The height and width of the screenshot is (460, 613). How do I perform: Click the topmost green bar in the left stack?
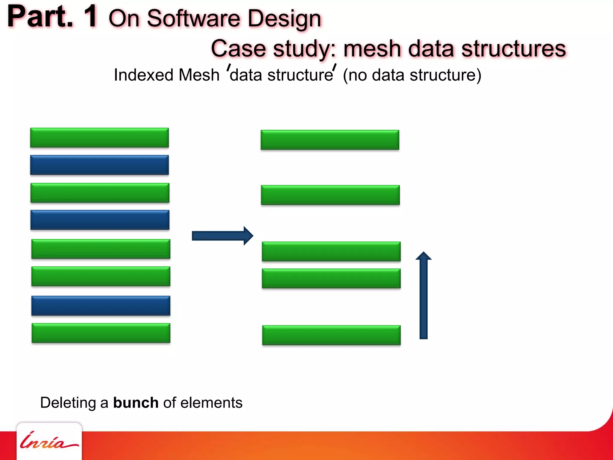[99, 137]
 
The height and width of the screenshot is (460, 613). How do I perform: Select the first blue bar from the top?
[99, 165]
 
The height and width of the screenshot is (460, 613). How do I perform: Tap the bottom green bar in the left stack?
[101, 333]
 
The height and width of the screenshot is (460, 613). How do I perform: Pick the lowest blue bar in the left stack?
[101, 305]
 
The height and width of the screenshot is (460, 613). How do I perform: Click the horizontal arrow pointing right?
[222, 236]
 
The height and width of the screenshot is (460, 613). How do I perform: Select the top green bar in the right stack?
[330, 140]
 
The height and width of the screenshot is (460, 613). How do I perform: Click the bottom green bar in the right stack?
[331, 335]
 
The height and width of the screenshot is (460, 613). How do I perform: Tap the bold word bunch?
[136, 402]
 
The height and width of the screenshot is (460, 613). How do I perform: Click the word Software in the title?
[193, 19]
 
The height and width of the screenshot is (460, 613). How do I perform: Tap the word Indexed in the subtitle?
[143, 75]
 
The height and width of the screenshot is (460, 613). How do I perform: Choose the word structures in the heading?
[514, 49]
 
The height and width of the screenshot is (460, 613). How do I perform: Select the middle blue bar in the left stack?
[100, 220]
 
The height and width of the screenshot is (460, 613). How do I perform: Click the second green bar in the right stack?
[330, 195]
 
